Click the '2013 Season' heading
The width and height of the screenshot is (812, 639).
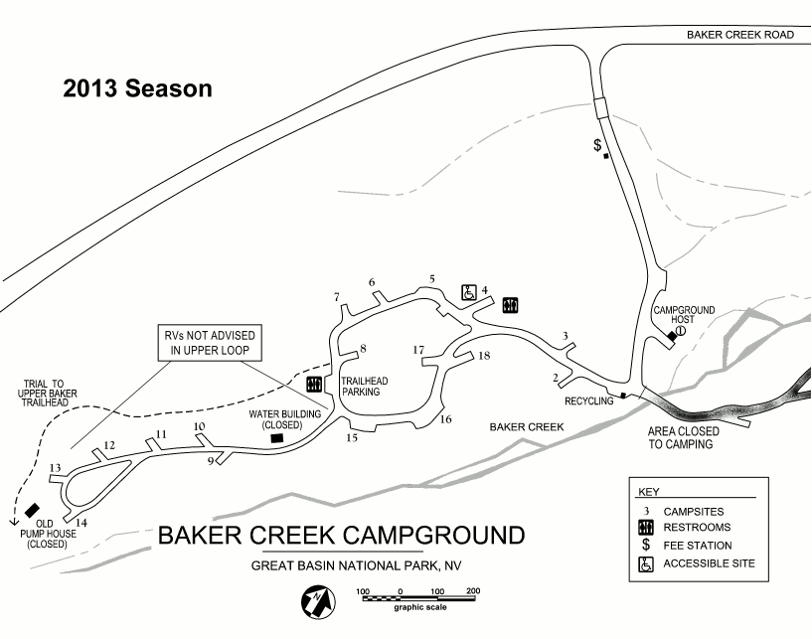coord(137,88)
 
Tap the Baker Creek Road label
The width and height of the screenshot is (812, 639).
coord(740,34)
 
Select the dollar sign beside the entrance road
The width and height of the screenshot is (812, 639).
coord(597,145)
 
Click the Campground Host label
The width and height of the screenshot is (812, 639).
coord(684,315)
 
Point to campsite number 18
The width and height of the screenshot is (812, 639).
coord(485,355)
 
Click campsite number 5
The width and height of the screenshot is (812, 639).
coord(432,278)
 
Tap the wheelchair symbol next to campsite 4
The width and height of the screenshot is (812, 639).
coord(470,292)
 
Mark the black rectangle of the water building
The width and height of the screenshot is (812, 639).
coord(277,437)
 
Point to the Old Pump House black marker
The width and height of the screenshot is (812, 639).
coord(33,511)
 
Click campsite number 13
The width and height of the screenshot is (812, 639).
coord(56,468)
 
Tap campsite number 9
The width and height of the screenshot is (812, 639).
coord(211,460)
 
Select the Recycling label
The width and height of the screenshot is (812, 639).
coord(589,400)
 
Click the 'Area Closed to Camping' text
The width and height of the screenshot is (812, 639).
coord(681,438)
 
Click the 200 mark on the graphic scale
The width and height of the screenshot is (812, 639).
coord(473,591)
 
